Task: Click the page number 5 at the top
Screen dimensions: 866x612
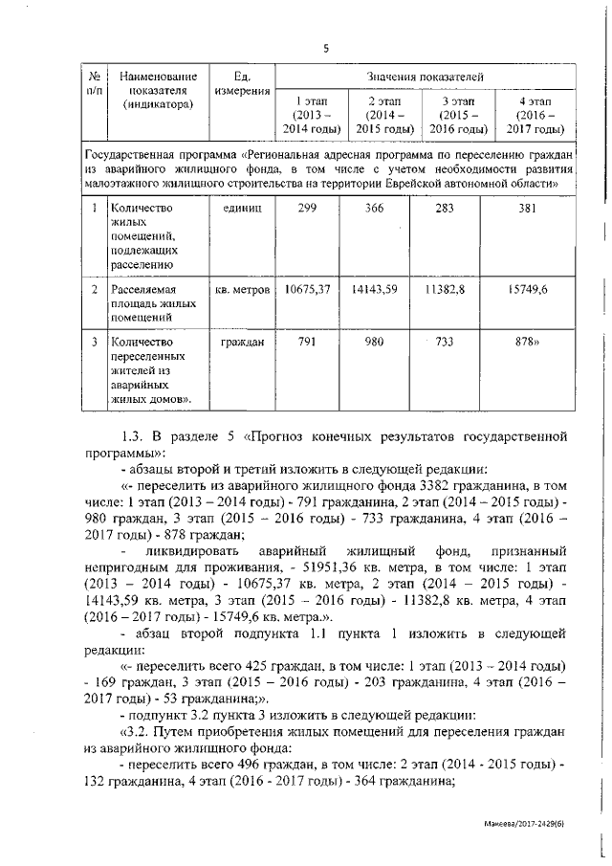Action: [x=325, y=48]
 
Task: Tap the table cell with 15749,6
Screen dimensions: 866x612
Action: [x=533, y=288]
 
